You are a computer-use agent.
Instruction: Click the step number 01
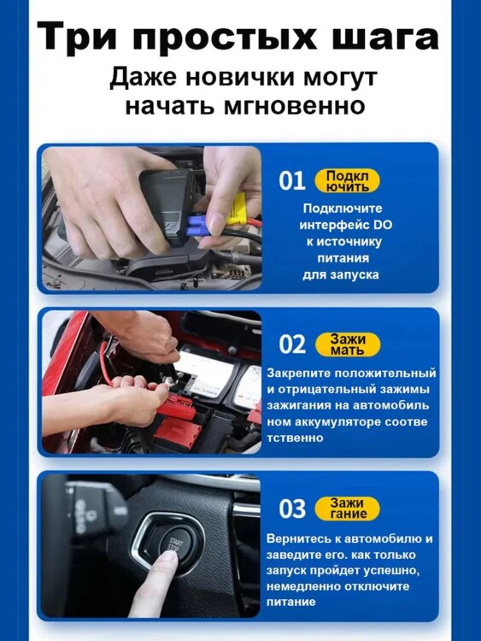pyautogui.click(x=292, y=180)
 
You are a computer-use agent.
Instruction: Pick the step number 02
pyautogui.click(x=292, y=344)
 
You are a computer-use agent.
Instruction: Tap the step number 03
pyautogui.click(x=292, y=509)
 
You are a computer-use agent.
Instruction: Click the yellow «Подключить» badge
pyautogui.click(x=347, y=181)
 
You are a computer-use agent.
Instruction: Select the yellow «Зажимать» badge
pyautogui.click(x=348, y=344)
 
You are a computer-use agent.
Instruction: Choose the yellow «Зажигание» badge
pyautogui.click(x=348, y=509)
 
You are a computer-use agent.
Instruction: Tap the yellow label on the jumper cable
pyautogui.click(x=235, y=209)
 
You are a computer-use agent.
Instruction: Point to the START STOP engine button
pyautogui.click(x=172, y=542)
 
